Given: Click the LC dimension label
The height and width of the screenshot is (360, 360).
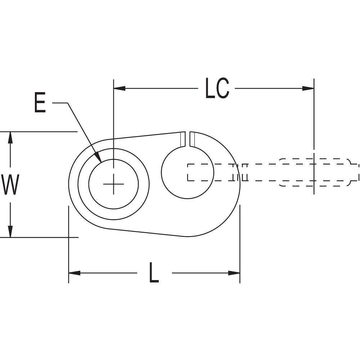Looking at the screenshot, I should [217, 88].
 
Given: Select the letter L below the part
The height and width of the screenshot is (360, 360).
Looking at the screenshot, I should [154, 273].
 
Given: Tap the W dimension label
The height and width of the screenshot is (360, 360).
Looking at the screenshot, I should [10, 184].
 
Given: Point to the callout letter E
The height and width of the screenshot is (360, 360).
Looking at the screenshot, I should [40, 103].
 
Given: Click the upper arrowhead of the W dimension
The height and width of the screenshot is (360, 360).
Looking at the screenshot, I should [11, 138].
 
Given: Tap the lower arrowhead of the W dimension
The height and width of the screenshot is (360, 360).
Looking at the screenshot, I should [11, 231].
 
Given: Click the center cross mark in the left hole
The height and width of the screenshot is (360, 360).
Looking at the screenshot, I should [113, 184].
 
